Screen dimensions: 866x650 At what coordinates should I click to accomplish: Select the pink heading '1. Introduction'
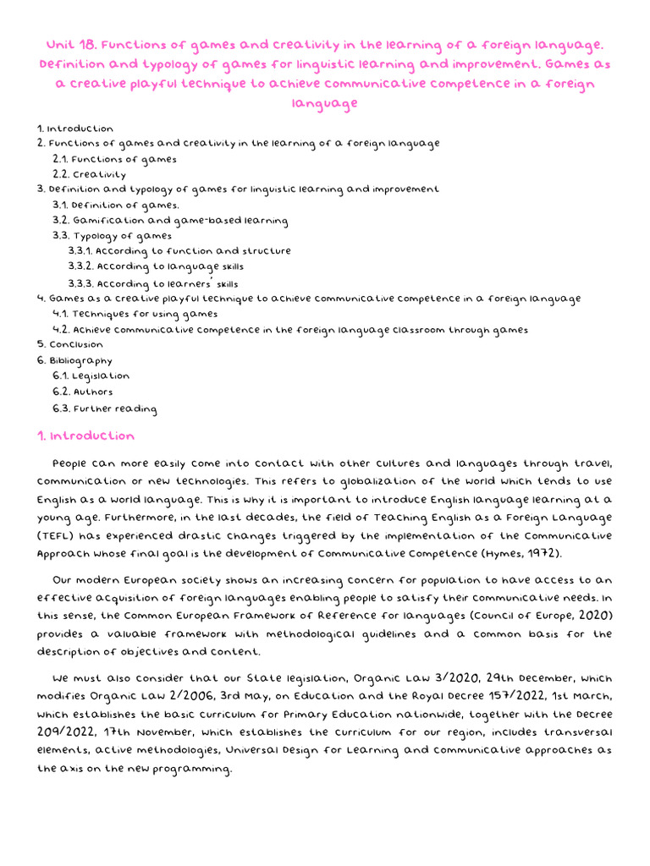tap(85, 436)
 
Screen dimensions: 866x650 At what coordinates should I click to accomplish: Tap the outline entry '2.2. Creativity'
tap(89, 174)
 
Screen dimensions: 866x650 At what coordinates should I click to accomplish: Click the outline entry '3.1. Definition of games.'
tap(115, 205)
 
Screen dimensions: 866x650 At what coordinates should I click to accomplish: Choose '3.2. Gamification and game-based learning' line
tap(169, 221)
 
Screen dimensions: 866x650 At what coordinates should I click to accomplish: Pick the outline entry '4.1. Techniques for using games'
tap(135, 314)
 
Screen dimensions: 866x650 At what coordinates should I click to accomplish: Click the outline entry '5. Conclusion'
tap(70, 345)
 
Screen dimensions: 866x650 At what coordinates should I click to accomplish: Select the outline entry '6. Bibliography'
tap(74, 361)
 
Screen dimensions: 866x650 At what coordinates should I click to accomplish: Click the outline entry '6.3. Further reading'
tap(104, 409)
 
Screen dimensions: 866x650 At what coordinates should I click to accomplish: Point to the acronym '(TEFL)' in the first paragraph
tap(58, 536)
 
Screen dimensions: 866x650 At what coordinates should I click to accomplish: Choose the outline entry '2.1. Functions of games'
tap(114, 159)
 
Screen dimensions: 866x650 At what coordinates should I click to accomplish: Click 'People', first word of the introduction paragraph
tap(70, 463)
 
